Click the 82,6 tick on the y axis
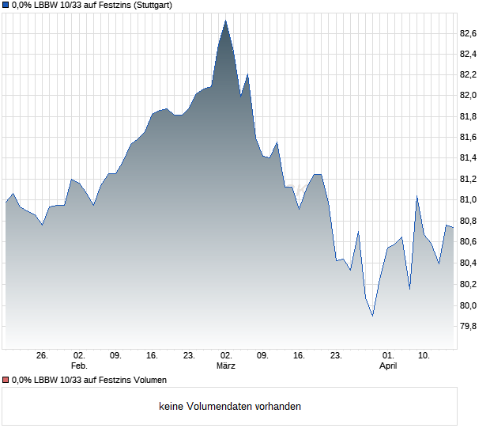(469, 33)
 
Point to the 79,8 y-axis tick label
(469, 326)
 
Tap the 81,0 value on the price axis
(469, 201)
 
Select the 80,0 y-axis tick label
(469, 305)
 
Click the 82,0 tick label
(469, 96)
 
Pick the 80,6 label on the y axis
(469, 242)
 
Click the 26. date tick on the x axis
(43, 356)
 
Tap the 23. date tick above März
(189, 356)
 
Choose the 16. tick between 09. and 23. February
(153, 356)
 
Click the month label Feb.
(78, 366)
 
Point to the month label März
(226, 366)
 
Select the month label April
(388, 366)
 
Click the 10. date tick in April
(424, 356)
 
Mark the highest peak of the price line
(226, 21)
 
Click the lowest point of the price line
(372, 316)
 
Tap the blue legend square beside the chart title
(6, 5)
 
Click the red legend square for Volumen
(6, 381)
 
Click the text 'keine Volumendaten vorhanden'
(230, 407)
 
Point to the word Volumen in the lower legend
(148, 381)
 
